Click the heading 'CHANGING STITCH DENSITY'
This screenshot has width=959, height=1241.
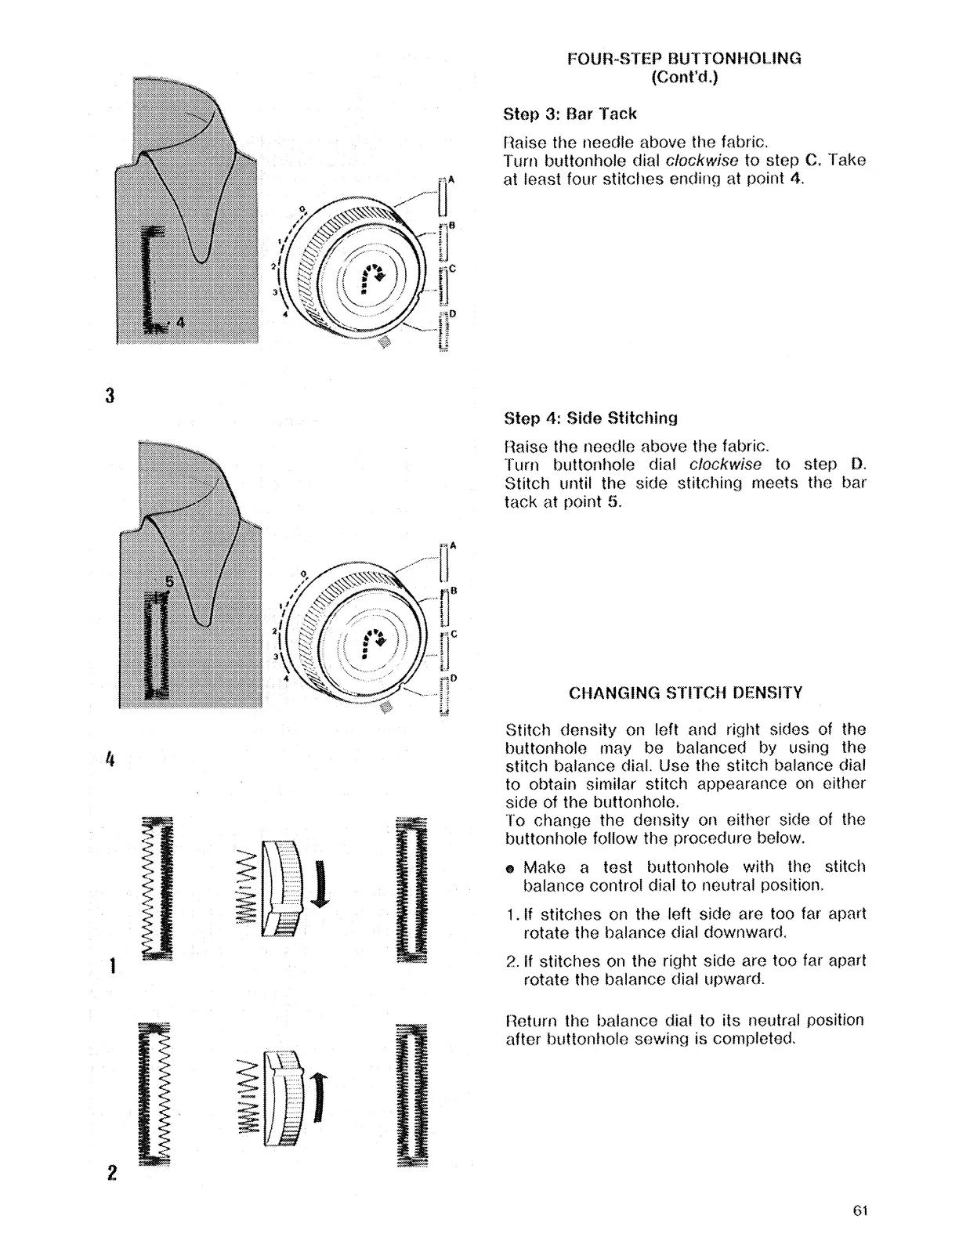pyautogui.click(x=686, y=693)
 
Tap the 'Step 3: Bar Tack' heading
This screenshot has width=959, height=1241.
pyautogui.click(x=570, y=114)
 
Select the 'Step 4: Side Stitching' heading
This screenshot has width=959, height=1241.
pyautogui.click(x=591, y=418)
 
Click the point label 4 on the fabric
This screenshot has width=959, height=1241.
pyautogui.click(x=181, y=322)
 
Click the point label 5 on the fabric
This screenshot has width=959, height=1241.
pyautogui.click(x=167, y=583)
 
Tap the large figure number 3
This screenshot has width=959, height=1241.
pyautogui.click(x=110, y=396)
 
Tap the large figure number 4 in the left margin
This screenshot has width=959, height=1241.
pyautogui.click(x=110, y=759)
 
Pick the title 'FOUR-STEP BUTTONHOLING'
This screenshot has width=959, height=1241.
pyautogui.click(x=684, y=58)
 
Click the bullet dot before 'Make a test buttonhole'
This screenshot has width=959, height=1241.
pyautogui.click(x=510, y=869)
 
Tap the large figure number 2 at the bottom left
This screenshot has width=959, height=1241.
pyautogui.click(x=112, y=1173)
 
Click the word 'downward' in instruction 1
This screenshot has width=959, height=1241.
pyautogui.click(x=751, y=933)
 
